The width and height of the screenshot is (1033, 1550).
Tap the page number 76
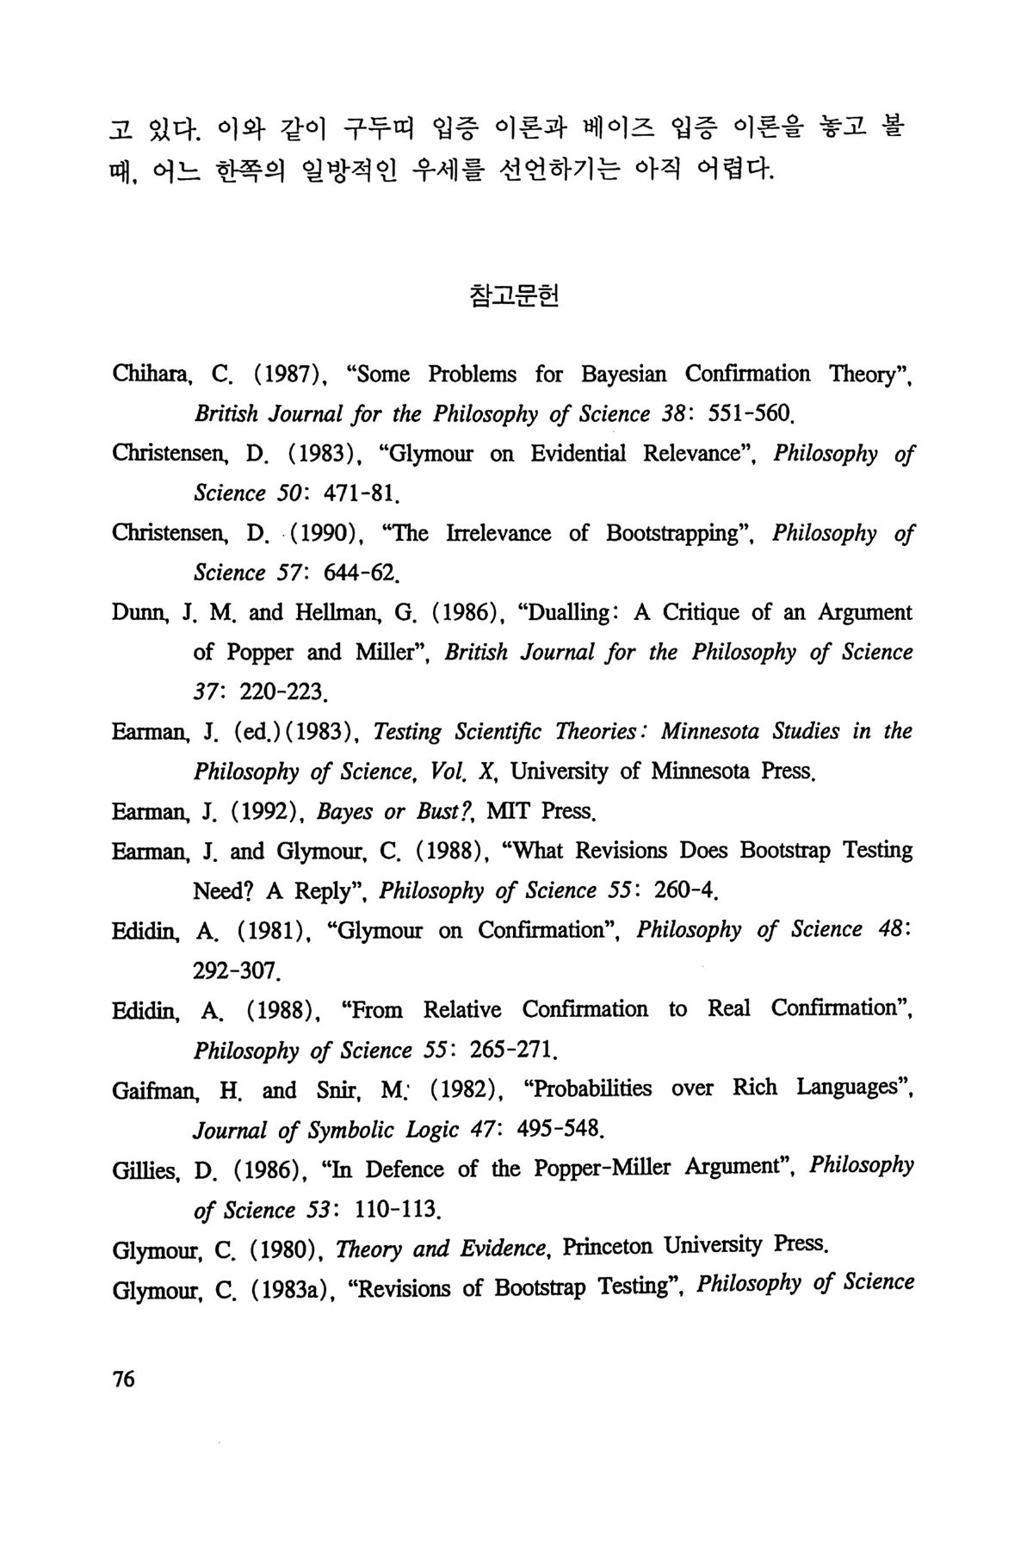click(124, 1379)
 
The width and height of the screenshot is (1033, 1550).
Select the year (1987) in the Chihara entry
click(287, 375)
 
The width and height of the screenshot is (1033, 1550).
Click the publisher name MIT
click(510, 811)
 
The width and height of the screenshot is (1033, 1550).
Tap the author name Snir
click(337, 1090)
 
